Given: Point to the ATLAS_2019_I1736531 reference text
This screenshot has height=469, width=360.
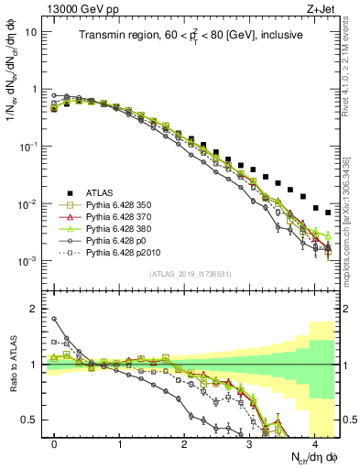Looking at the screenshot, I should click(x=191, y=274).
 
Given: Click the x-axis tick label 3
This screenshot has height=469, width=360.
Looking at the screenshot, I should click(x=249, y=442).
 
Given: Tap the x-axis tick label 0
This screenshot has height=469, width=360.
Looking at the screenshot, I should click(x=54, y=442).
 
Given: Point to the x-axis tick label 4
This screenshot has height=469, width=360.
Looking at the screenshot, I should click(x=314, y=442).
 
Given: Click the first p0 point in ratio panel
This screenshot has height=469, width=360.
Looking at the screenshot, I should click(x=54, y=319).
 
